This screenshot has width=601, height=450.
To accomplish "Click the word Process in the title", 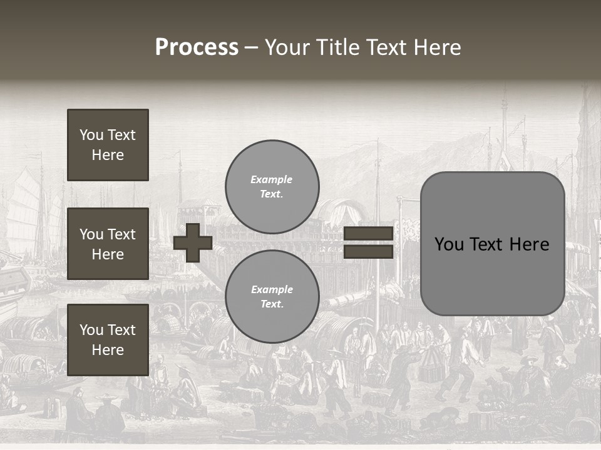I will click(x=197, y=47).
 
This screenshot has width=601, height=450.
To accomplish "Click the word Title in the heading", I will click(x=332, y=47).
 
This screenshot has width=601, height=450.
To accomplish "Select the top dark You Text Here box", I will click(x=108, y=145).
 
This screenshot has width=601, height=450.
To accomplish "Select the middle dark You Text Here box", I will click(x=108, y=244).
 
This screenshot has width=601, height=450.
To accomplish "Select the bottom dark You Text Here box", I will click(x=108, y=340).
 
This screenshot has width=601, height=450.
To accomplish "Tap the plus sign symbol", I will click(x=193, y=242).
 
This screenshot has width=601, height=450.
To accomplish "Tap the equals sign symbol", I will click(x=369, y=242).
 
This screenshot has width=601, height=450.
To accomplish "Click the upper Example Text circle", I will click(x=272, y=186).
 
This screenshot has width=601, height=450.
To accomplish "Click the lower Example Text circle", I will click(x=272, y=296).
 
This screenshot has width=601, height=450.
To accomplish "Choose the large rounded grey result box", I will click(x=492, y=244).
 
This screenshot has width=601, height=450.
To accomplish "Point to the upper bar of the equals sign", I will click(x=369, y=234).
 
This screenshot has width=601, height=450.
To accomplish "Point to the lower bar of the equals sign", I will click(x=369, y=251).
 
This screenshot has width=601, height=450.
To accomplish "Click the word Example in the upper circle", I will click(x=272, y=179).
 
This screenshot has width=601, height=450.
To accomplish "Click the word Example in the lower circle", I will click(x=272, y=289).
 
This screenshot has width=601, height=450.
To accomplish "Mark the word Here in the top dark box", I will click(x=108, y=155).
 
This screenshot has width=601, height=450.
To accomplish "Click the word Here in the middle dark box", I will click(x=108, y=254).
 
